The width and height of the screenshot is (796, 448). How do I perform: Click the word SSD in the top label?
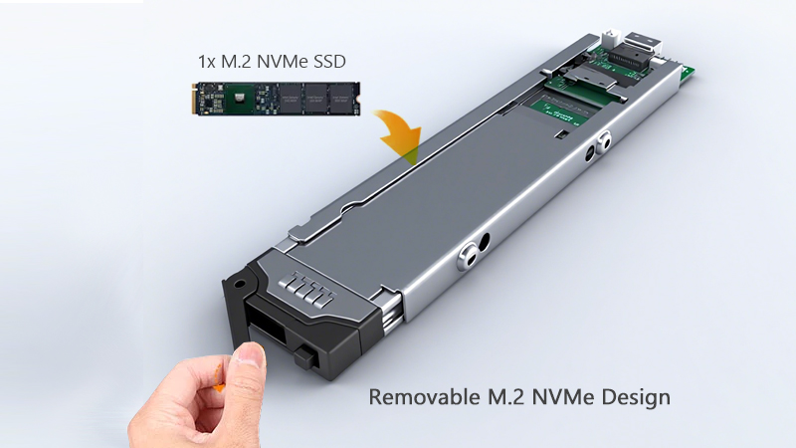click(x=330, y=62)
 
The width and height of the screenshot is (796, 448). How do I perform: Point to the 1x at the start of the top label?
click(x=207, y=62)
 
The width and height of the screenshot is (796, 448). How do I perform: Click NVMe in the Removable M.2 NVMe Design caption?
click(x=563, y=396)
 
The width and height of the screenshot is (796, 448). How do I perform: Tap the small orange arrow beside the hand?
click(x=219, y=379)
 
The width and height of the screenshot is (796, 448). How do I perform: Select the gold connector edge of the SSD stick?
click(x=194, y=99)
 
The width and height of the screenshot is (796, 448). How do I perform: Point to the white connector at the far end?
click(x=611, y=38)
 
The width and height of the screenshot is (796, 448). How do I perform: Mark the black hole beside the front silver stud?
click(x=484, y=242)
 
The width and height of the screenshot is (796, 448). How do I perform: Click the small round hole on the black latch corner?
click(x=240, y=284)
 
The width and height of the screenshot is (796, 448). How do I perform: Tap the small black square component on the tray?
click(x=561, y=134)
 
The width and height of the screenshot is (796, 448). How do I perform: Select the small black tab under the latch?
click(x=305, y=357)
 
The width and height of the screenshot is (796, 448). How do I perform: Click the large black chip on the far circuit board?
click(x=630, y=56)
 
